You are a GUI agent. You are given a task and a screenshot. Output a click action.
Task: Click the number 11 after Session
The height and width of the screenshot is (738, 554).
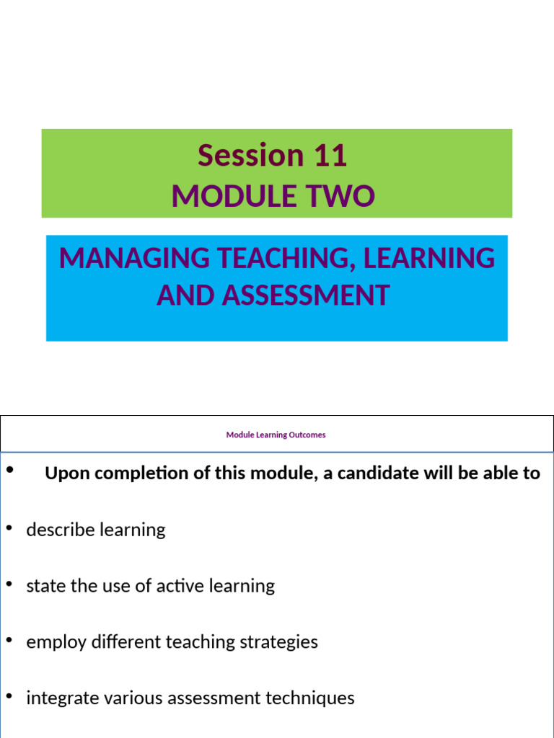pyautogui.click(x=330, y=156)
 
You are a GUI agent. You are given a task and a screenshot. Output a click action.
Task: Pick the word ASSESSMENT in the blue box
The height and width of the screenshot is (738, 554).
pyautogui.click(x=306, y=295)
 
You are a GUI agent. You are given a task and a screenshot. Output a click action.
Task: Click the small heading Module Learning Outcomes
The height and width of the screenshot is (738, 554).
pyautogui.click(x=276, y=435)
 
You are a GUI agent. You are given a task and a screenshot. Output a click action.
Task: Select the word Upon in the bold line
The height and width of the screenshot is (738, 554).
pyautogui.click(x=64, y=474)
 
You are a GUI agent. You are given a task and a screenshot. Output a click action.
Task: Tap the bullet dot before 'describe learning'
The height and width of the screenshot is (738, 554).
pyautogui.click(x=9, y=528)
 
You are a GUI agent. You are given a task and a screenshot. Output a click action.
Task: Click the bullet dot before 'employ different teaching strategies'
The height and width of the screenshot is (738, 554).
pyautogui.click(x=9, y=640)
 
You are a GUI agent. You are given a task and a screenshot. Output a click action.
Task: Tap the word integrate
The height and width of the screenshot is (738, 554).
pyautogui.click(x=58, y=698)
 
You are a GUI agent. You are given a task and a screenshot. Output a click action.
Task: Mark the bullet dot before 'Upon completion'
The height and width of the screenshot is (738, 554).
pyautogui.click(x=9, y=471)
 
